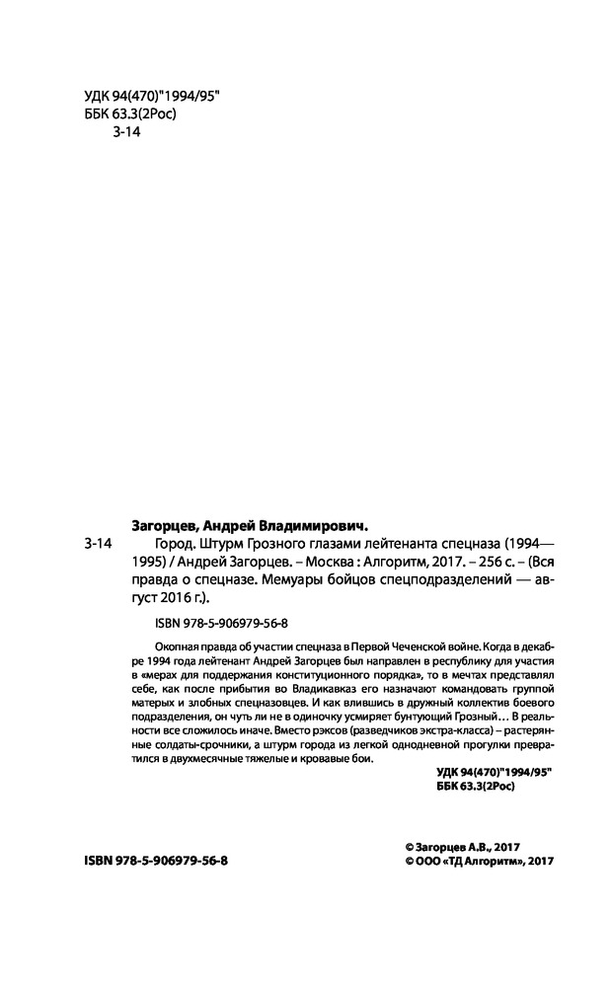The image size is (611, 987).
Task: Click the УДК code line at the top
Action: coord(145,96)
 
